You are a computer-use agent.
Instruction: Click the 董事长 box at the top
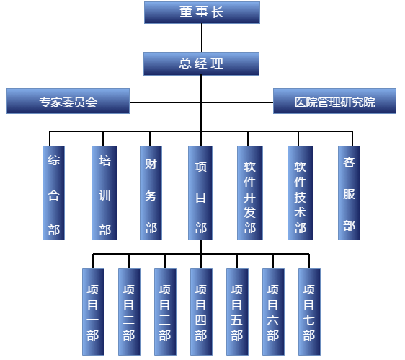click(x=202, y=13)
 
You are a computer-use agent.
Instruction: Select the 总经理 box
click(x=202, y=64)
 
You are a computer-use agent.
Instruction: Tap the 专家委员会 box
click(x=68, y=101)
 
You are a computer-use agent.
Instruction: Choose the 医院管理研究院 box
click(x=335, y=101)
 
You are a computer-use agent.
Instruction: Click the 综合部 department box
click(x=53, y=193)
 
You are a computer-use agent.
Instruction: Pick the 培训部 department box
click(x=104, y=193)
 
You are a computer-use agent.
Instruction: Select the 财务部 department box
click(x=151, y=193)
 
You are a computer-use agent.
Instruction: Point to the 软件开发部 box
click(x=250, y=193)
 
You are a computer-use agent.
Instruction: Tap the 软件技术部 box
click(x=301, y=193)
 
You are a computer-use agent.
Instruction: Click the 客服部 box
click(x=349, y=193)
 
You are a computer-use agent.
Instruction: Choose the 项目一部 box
click(x=93, y=312)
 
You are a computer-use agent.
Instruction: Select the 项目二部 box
click(x=129, y=312)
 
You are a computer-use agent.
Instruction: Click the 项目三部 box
click(x=165, y=312)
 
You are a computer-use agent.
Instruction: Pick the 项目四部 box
click(x=201, y=312)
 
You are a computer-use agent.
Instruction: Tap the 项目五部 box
click(x=237, y=312)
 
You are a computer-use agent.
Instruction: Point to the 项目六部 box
click(x=273, y=312)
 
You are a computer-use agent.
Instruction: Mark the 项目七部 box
click(x=309, y=312)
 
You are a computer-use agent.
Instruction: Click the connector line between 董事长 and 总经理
click(x=202, y=38)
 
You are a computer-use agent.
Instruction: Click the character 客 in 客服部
click(x=349, y=162)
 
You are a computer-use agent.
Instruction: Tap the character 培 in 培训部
click(x=104, y=161)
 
